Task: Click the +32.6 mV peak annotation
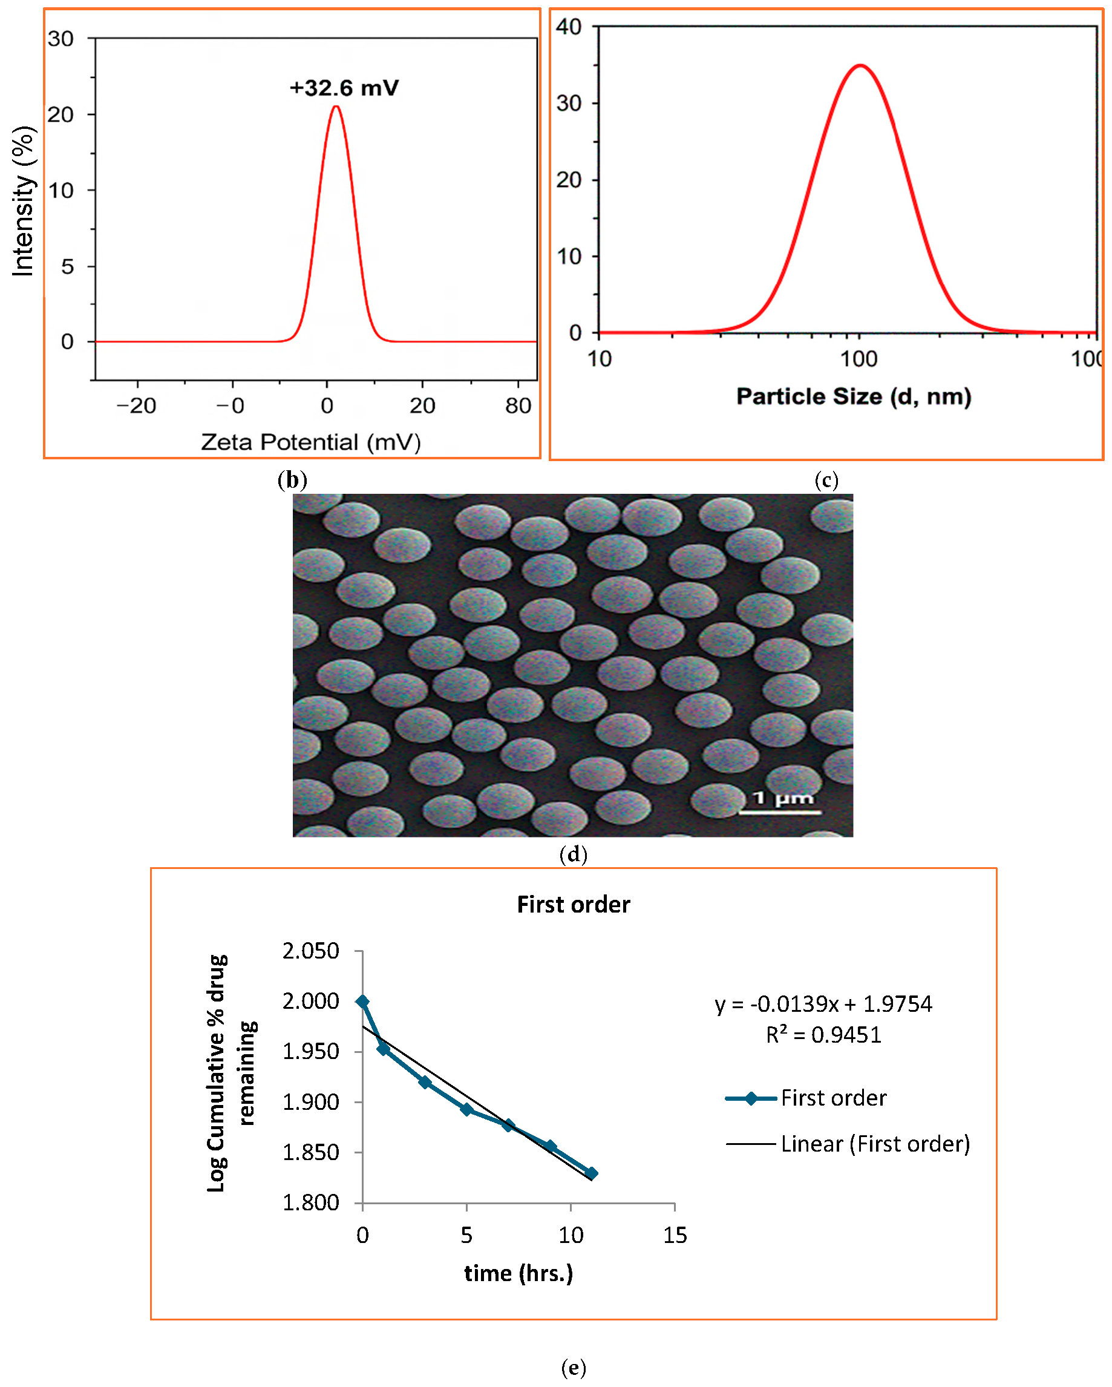point(344,88)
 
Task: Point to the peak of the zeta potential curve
point(336,107)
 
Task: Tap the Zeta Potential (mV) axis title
point(310,442)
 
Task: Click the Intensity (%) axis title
point(23,202)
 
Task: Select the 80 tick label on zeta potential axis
point(518,405)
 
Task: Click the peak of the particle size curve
point(860,65)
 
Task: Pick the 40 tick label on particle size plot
point(569,27)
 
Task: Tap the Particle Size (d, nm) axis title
point(854,396)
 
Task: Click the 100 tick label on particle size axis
point(859,358)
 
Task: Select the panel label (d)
point(573,854)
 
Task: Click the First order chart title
point(573,905)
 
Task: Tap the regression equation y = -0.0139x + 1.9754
point(823,1003)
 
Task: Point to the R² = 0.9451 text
point(823,1034)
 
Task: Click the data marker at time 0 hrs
point(363,1002)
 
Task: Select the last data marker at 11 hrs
point(592,1173)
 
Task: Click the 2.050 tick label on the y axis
point(310,951)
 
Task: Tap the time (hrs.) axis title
point(518,1273)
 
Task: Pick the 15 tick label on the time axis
point(675,1235)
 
